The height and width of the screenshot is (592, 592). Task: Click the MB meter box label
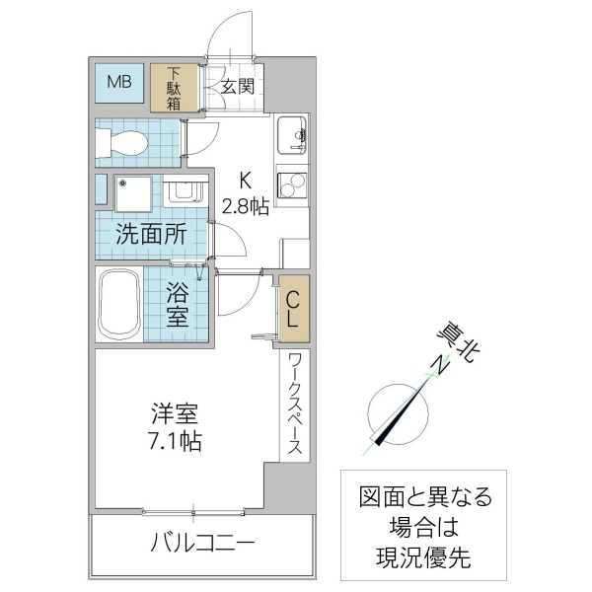[119, 82]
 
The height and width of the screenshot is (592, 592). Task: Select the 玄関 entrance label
[237, 86]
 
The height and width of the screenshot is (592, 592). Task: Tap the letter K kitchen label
[245, 181]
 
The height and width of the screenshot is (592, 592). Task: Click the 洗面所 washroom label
[152, 235]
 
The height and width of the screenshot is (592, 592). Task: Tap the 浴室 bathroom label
[177, 305]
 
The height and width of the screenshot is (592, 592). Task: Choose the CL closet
[295, 307]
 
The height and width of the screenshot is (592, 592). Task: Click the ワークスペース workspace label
[295, 405]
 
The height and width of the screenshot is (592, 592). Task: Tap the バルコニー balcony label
[203, 543]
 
